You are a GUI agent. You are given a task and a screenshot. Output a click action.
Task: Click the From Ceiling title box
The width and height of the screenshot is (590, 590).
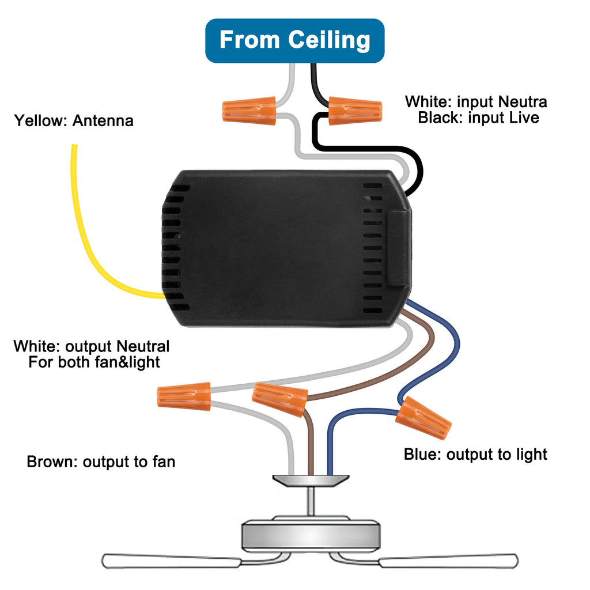(x=294, y=40)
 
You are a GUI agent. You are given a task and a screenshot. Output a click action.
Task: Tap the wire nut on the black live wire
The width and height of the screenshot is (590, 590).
(x=355, y=111)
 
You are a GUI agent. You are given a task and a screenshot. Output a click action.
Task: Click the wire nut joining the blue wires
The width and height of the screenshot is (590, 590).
(x=423, y=417)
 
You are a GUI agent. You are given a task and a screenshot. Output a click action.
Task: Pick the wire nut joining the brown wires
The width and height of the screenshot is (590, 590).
(x=279, y=399)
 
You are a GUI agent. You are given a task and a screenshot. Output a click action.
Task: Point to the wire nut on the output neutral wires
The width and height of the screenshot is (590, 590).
(x=184, y=398)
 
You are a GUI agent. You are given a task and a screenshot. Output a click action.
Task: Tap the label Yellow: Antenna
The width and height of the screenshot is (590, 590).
(x=74, y=121)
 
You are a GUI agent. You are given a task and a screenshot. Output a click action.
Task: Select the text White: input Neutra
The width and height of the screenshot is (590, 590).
(x=476, y=102)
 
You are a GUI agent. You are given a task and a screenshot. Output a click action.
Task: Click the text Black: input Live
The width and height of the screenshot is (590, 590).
(x=478, y=118)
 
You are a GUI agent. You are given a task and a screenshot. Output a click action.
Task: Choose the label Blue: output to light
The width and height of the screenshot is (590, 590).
(x=475, y=455)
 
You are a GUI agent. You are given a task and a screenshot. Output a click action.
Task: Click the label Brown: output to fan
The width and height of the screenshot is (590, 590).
(x=101, y=462)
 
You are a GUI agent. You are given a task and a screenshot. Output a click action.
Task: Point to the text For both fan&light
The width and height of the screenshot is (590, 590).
(x=94, y=363)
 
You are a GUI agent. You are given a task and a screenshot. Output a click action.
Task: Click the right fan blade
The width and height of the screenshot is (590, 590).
(x=448, y=560)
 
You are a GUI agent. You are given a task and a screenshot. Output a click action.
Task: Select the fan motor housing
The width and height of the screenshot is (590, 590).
(x=311, y=535)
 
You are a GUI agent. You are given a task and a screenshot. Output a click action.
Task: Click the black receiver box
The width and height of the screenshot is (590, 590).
(x=282, y=248)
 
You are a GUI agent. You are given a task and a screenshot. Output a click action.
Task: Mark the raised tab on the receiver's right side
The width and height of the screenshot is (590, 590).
(x=399, y=248)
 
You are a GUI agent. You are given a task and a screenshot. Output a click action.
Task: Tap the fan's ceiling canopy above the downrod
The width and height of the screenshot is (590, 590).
(x=311, y=480)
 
